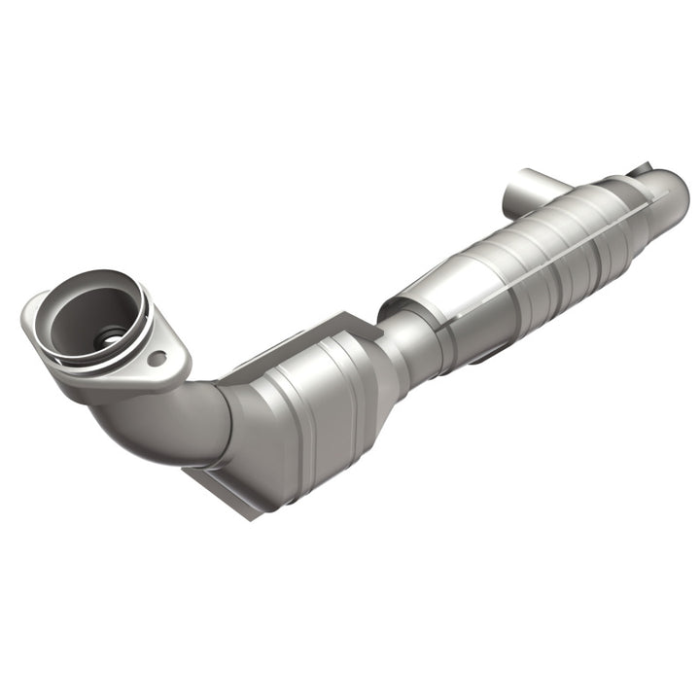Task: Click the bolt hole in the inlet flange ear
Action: (157, 359)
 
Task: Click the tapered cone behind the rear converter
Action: (647, 209)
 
